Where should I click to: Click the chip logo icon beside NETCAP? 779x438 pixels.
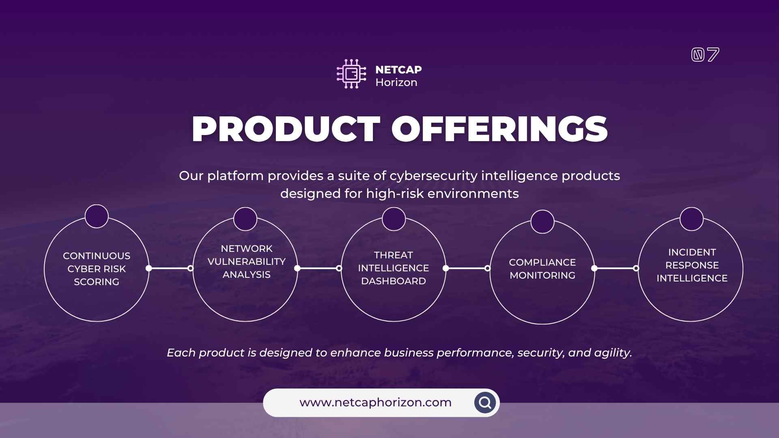351,74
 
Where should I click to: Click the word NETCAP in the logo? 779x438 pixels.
398,70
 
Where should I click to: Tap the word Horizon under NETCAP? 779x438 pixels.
396,82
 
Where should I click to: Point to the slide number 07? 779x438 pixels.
705,55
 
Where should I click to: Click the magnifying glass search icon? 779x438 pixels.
485,403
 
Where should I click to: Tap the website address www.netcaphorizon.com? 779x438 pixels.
375,402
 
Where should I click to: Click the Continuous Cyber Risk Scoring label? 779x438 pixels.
97,269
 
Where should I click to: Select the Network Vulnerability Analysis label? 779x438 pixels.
247,262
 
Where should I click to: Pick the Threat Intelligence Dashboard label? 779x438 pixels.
394,268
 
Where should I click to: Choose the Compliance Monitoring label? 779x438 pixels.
542,269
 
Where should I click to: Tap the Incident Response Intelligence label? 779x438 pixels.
692,265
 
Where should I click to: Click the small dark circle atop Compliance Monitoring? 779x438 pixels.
542,221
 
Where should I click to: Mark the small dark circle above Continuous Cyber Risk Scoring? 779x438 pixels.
97,216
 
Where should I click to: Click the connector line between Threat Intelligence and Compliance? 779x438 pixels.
467,268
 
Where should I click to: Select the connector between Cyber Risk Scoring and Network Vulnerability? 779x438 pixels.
170,268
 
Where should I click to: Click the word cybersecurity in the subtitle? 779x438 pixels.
433,176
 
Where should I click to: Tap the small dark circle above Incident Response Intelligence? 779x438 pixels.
692,219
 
